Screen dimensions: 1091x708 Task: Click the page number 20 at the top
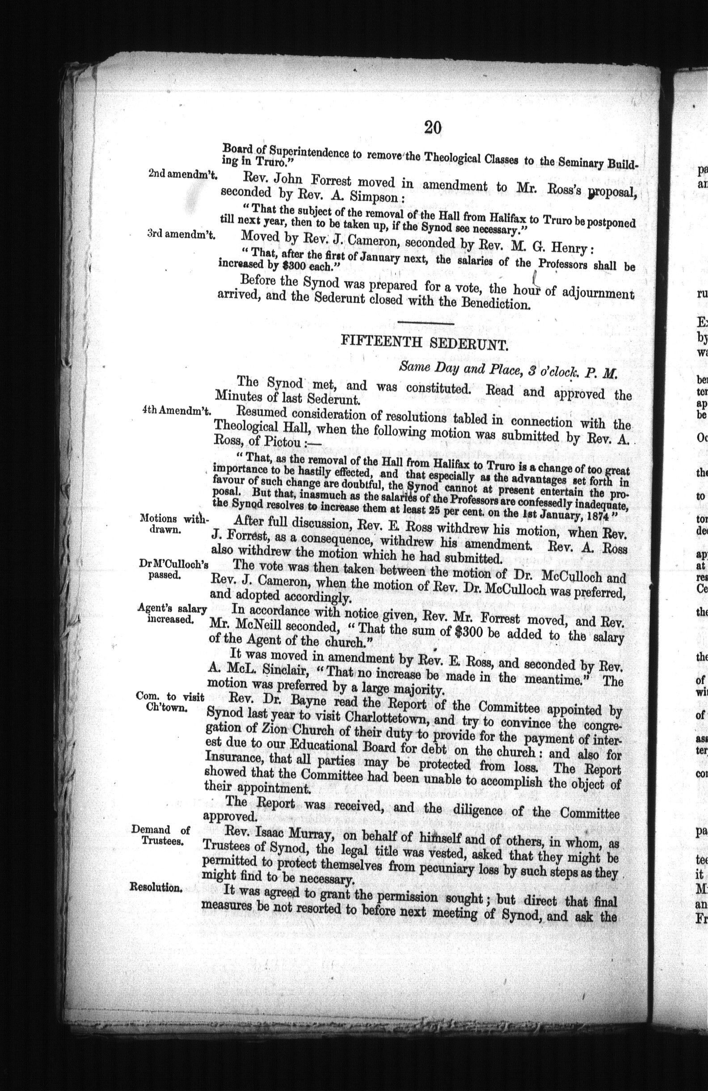[433, 127]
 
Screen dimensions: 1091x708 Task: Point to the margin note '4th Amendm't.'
[176, 411]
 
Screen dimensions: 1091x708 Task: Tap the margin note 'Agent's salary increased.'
[172, 614]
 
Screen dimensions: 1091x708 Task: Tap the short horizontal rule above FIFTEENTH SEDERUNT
[425, 324]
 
